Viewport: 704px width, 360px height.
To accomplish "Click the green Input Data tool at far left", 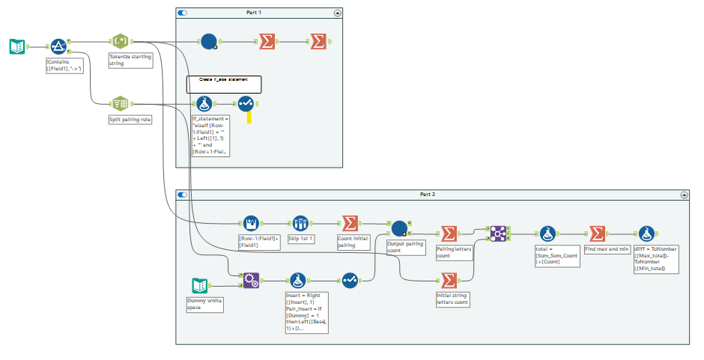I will pyautogui.click(x=16, y=47).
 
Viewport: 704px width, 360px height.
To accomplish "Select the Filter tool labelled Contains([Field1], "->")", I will pyautogui.click(x=59, y=47).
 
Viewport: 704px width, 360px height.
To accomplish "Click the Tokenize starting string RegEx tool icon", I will pyautogui.click(x=121, y=42).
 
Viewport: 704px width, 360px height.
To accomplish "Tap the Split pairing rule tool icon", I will pyautogui.click(x=121, y=103).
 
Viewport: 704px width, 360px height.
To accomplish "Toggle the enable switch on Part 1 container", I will pyautogui.click(x=183, y=13).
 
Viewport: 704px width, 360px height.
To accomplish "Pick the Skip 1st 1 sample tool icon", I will pyautogui.click(x=300, y=223).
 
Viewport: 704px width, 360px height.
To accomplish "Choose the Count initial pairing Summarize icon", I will pyautogui.click(x=349, y=223).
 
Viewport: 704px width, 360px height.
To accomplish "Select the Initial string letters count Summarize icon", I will pyautogui.click(x=449, y=280).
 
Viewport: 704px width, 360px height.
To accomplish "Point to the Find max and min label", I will pyautogui.click(x=607, y=248).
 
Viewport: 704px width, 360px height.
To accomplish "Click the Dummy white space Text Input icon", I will pyautogui.click(x=199, y=285).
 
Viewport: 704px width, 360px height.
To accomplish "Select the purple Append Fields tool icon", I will pyautogui.click(x=252, y=280).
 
